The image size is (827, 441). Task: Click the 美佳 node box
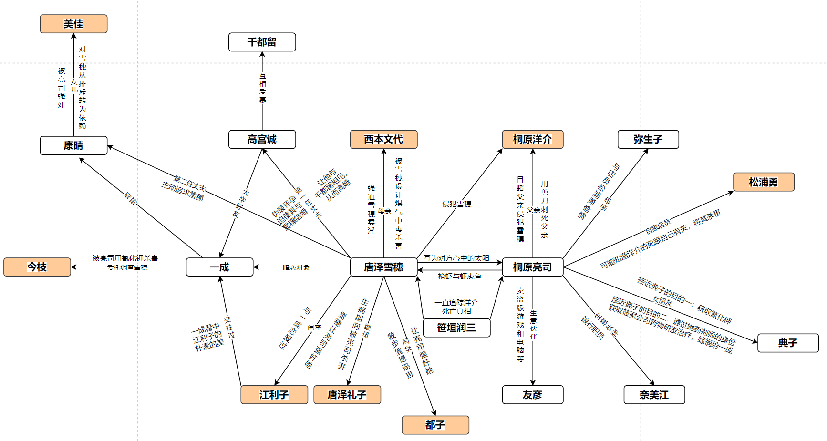point(73,24)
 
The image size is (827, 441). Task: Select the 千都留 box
point(262,42)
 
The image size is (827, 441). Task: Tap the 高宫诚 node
point(262,139)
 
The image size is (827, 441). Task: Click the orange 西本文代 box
point(383,139)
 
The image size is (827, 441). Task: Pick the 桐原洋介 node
point(532,139)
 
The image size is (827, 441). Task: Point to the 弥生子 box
point(648,139)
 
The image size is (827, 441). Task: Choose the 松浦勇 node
point(763,182)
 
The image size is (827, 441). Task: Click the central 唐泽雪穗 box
point(383,267)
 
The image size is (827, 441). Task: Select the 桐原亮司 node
point(532,267)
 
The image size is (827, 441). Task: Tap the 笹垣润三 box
point(456,328)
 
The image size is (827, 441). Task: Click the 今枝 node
point(37,267)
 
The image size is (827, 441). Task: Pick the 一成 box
point(219,267)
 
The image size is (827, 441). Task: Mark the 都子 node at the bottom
point(435,425)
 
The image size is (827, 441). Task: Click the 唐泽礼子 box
point(347,395)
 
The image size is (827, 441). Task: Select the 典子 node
point(788,343)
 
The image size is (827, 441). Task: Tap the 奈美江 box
point(654,395)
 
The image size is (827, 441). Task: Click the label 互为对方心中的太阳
point(456,258)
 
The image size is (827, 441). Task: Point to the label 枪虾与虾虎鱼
point(459,276)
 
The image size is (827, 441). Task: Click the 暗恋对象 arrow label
point(296,267)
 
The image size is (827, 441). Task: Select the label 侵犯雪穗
point(456,204)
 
